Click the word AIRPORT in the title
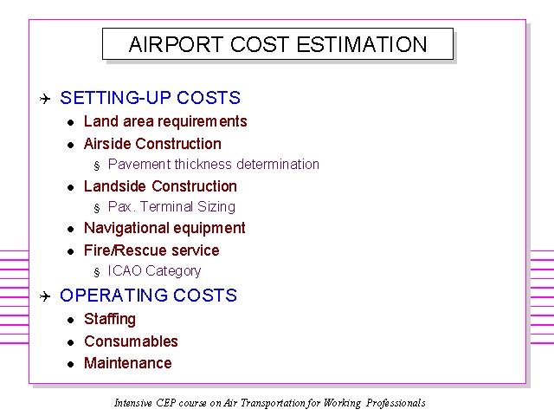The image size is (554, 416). tap(176, 44)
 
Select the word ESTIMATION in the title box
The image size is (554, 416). tap(362, 44)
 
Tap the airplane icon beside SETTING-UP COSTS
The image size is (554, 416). tap(45, 99)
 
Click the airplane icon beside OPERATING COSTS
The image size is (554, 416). tap(45, 296)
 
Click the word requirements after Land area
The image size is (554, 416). tap(202, 122)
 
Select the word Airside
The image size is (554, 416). tap(107, 144)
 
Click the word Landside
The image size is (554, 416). tap(115, 186)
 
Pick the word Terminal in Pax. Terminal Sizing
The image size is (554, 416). tap(166, 206)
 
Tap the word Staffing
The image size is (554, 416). tap(110, 320)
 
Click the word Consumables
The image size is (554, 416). tap(131, 341)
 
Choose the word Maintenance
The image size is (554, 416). tap(128, 363)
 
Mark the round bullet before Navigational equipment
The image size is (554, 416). tap(71, 230)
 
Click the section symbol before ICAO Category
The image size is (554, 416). tap(97, 272)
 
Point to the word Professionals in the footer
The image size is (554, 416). tap(396, 403)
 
